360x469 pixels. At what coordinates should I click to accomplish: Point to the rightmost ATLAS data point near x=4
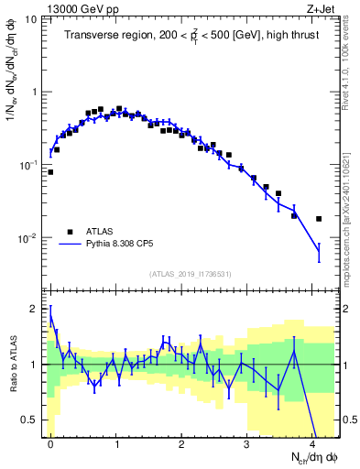pyautogui.click(x=319, y=219)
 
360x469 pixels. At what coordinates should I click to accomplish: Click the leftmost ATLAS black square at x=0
pyautogui.click(x=50, y=171)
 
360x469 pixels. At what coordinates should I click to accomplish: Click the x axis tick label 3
pyautogui.click(x=247, y=442)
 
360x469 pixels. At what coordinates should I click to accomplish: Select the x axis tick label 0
pyautogui.click(x=50, y=442)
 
